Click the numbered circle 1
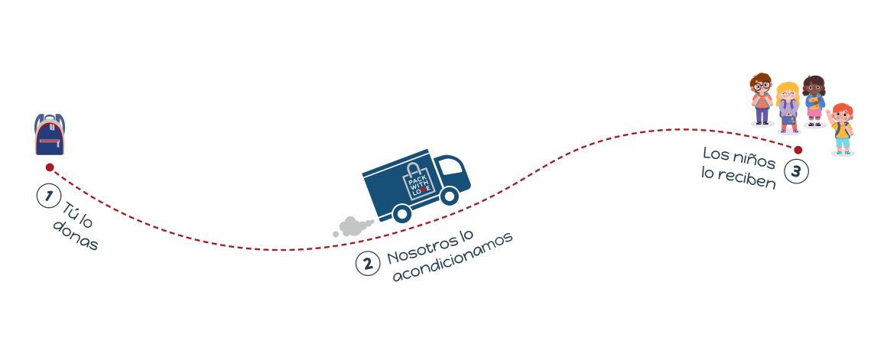tap(49, 196)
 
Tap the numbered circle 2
tap(368, 264)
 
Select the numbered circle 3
tap(796, 171)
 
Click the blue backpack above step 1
tap(50, 135)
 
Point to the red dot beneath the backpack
tap(50, 167)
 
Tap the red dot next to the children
tap(798, 150)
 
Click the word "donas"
tap(76, 238)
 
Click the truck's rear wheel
tap(400, 214)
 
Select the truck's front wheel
tap(450, 197)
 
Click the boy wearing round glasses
tap(761, 99)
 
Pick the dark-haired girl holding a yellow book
tap(814, 101)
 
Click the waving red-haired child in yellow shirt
tap(841, 128)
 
